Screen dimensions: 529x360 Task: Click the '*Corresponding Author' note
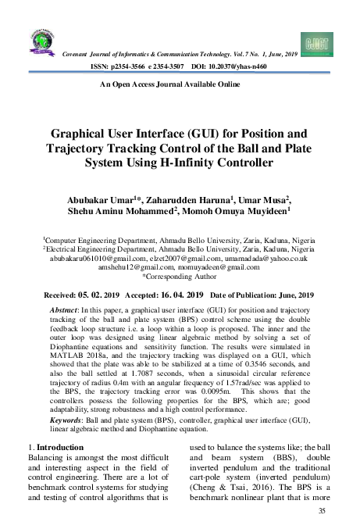180,277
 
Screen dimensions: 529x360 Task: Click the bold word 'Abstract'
66,310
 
